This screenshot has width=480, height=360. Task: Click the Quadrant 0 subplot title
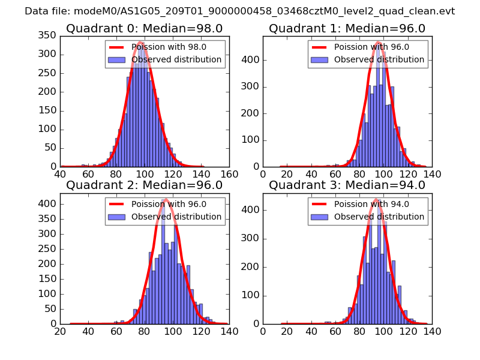coord(144,28)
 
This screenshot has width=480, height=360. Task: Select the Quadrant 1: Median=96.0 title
coord(347,28)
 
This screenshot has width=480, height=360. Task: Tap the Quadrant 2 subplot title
coord(144,185)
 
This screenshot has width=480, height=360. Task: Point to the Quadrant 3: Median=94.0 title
coord(347,185)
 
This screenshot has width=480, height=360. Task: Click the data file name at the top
coord(239,11)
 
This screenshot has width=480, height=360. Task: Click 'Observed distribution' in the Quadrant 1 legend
coord(379,59)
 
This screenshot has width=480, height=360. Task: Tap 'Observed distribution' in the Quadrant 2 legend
coord(176,217)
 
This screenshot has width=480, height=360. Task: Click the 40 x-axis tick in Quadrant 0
coord(61,174)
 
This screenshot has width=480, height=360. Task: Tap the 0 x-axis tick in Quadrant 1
coord(263,174)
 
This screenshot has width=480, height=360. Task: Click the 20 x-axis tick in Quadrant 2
coord(61,331)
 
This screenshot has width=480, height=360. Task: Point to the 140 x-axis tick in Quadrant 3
coord(432,331)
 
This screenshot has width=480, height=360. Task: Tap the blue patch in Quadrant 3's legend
coord(319,217)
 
